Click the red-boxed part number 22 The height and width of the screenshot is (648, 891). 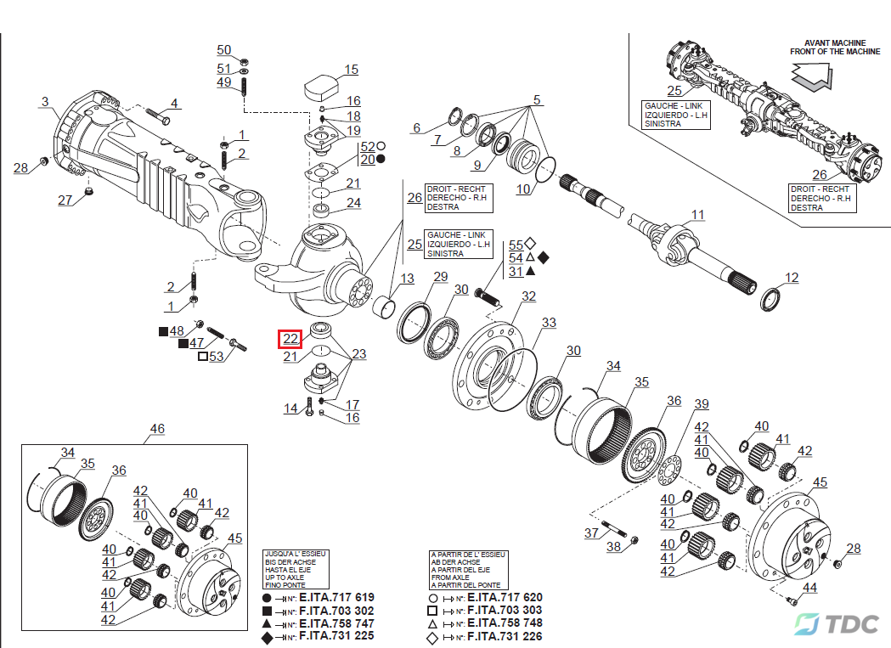pyautogui.click(x=291, y=338)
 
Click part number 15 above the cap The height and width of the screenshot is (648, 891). pyautogui.click(x=351, y=70)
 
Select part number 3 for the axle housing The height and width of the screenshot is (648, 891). pyautogui.click(x=44, y=102)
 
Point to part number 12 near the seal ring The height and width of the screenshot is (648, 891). pyautogui.click(x=791, y=278)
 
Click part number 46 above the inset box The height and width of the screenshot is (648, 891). pyautogui.click(x=157, y=429)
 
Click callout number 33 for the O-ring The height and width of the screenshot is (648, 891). pyautogui.click(x=549, y=323)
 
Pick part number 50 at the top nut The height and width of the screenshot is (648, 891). pyautogui.click(x=223, y=50)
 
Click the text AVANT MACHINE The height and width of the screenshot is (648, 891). pyautogui.click(x=834, y=42)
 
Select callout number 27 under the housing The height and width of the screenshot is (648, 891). pyautogui.click(x=65, y=200)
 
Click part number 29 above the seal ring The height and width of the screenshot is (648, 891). pyautogui.click(x=440, y=277)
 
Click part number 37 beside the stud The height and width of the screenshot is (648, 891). pyautogui.click(x=591, y=532)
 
